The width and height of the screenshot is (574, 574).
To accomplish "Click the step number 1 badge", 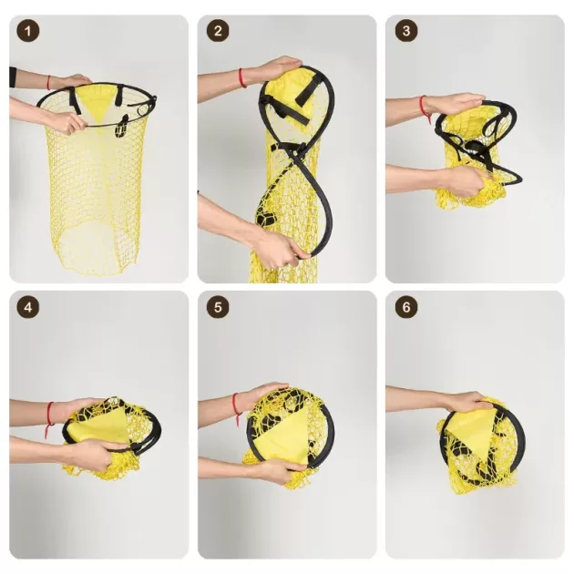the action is tap(28, 31).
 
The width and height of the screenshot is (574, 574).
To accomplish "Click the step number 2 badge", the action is tap(218, 31).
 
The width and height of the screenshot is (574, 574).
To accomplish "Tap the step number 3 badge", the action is tap(406, 31).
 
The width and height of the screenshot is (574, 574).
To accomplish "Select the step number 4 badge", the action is tap(28, 307).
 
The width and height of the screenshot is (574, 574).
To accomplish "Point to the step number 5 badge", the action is tap(218, 307).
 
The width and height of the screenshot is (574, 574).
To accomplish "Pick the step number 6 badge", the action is tap(406, 307).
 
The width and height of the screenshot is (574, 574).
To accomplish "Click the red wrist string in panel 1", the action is tap(48, 82).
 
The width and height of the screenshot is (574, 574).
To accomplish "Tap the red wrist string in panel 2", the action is tap(241, 78).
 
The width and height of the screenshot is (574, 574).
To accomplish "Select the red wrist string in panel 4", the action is tap(49, 418).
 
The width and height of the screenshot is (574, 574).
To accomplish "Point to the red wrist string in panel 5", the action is tap(236, 407).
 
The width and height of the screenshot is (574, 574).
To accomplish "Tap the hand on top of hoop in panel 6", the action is tap(464, 402).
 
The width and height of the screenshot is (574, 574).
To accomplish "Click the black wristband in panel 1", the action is tap(13, 77).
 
